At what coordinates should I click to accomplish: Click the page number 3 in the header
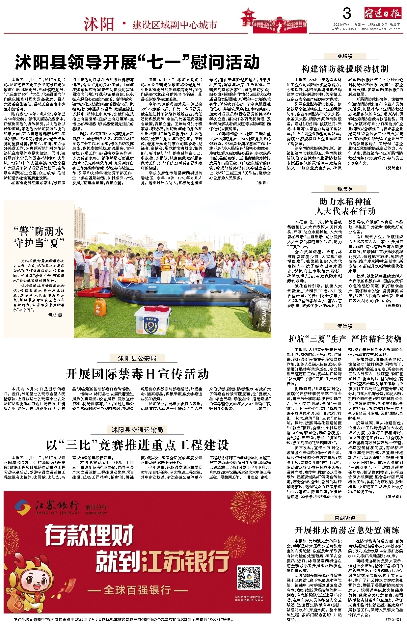click(347, 14)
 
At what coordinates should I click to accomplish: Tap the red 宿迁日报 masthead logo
click(383, 14)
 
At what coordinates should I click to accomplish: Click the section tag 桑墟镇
click(345, 56)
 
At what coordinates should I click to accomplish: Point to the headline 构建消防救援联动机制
click(345, 69)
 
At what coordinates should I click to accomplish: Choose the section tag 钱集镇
click(345, 189)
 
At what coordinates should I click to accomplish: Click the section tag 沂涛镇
click(345, 326)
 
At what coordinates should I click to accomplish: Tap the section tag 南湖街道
click(345, 518)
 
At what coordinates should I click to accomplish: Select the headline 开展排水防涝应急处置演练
click(347, 530)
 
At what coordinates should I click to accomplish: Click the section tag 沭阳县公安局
click(137, 358)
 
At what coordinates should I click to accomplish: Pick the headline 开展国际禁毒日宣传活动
click(137, 374)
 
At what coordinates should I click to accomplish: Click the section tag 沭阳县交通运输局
click(137, 430)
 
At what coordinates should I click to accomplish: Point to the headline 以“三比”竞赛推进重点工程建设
click(137, 445)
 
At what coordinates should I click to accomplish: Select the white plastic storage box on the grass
click(153, 320)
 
